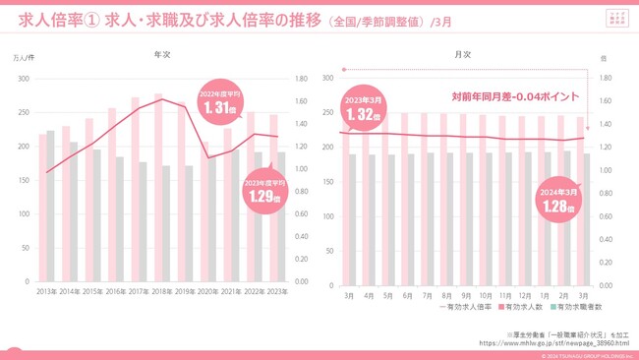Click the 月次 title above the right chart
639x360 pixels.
pos(462,56)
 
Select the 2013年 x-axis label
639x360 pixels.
pos(45,292)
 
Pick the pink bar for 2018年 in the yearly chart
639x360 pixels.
pos(157,187)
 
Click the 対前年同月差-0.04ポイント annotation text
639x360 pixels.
pos(514,96)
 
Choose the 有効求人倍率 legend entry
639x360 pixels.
pos(458,308)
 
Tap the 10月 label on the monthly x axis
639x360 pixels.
pos(484,295)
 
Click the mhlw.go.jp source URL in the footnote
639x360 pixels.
pos(553,343)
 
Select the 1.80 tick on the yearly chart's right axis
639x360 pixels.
pos(303,77)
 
